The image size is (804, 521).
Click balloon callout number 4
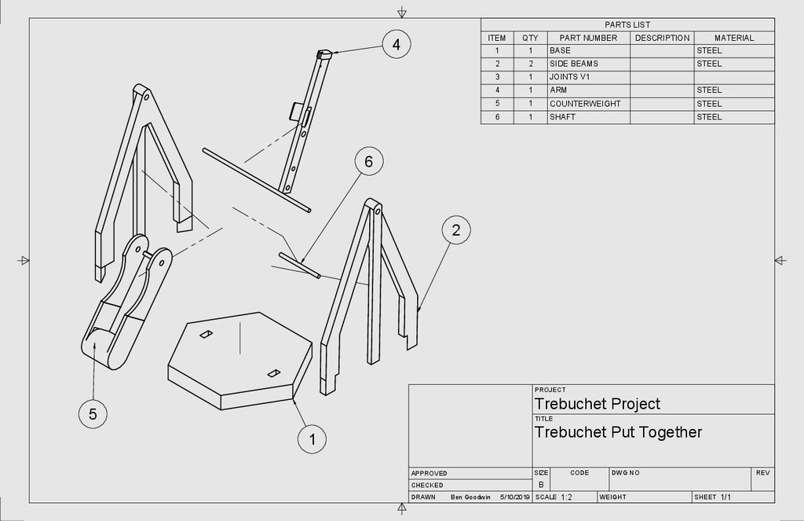click(x=397, y=45)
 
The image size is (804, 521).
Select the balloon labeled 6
click(x=368, y=162)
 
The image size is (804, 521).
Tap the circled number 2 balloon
click(x=456, y=230)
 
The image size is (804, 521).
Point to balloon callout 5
click(x=93, y=414)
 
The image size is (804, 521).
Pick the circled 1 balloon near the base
click(x=312, y=439)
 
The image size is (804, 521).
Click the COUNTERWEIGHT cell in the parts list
click(x=585, y=104)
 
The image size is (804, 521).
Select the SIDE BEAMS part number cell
click(x=574, y=64)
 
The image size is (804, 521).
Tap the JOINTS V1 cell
click(x=569, y=77)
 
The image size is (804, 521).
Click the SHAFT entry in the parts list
click(x=563, y=117)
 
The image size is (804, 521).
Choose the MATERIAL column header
click(x=734, y=38)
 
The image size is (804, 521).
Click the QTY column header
click(x=531, y=38)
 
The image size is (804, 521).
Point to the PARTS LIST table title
click(x=627, y=24)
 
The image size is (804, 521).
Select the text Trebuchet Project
click(x=598, y=404)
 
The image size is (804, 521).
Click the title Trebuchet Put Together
click(x=618, y=432)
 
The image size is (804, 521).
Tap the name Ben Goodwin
click(x=471, y=497)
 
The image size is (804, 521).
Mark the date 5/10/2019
click(x=515, y=497)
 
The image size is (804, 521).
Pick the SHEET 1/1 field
click(x=712, y=497)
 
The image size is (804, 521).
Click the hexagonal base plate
click(x=236, y=358)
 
